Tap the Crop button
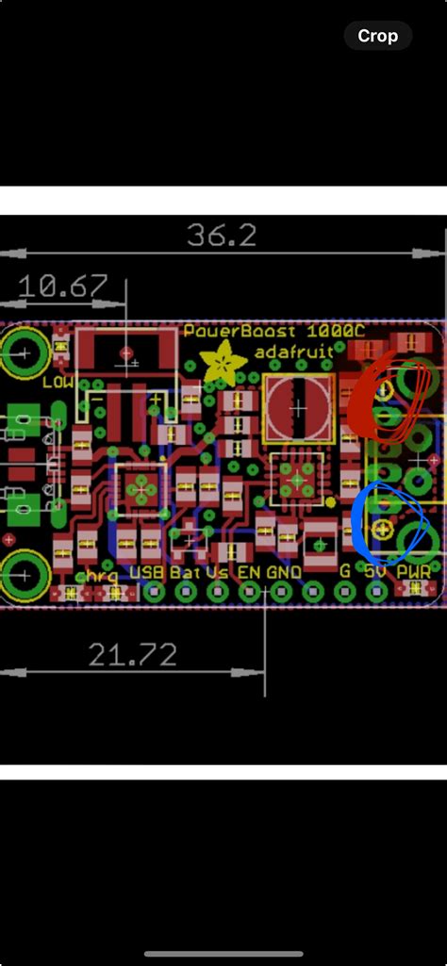[378, 37]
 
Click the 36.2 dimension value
[222, 235]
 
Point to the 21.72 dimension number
[133, 654]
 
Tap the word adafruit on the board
[294, 353]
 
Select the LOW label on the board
[58, 383]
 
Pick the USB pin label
[147, 572]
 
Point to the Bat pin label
[185, 572]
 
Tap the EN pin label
[249, 572]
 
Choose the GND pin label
[284, 572]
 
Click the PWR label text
[416, 572]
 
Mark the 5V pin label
[376, 572]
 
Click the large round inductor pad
[298, 408]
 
